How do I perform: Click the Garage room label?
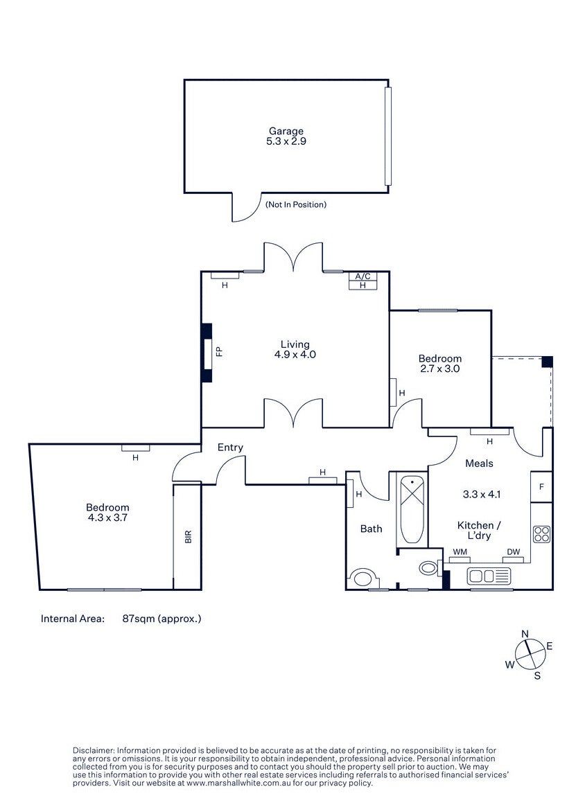286,132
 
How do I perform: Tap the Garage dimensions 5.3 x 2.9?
286,141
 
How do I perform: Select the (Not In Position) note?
295,204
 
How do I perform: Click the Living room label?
295,345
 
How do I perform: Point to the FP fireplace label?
219,351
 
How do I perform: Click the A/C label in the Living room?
363,276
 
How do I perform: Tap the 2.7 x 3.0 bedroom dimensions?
439,369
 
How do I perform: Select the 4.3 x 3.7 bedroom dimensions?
107,518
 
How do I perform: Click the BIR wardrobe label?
189,537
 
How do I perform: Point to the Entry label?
230,448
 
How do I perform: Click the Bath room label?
371,529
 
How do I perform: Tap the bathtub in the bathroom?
412,509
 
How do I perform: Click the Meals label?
479,463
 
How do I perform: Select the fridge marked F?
541,487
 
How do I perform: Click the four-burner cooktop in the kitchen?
541,535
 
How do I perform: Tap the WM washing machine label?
460,552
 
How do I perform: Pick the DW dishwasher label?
513,552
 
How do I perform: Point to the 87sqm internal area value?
161,619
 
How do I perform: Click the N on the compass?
525,634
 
